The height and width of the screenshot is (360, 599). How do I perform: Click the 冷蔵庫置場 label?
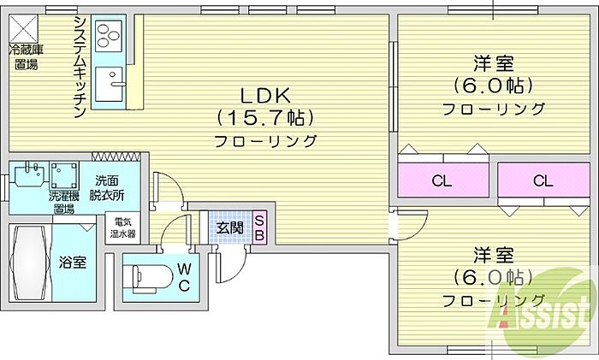[x=26, y=57]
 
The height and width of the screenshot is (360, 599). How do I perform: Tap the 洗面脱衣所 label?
[x=108, y=187]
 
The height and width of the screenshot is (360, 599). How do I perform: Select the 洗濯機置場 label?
[x=65, y=203]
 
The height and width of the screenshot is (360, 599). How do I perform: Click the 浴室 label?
[x=72, y=263]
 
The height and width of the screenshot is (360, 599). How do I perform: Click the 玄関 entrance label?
[x=228, y=227]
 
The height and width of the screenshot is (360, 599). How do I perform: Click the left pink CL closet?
[x=442, y=180]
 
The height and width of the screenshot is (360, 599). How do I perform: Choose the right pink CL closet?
[x=543, y=180]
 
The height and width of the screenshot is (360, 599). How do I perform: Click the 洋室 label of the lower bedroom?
[x=494, y=256]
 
